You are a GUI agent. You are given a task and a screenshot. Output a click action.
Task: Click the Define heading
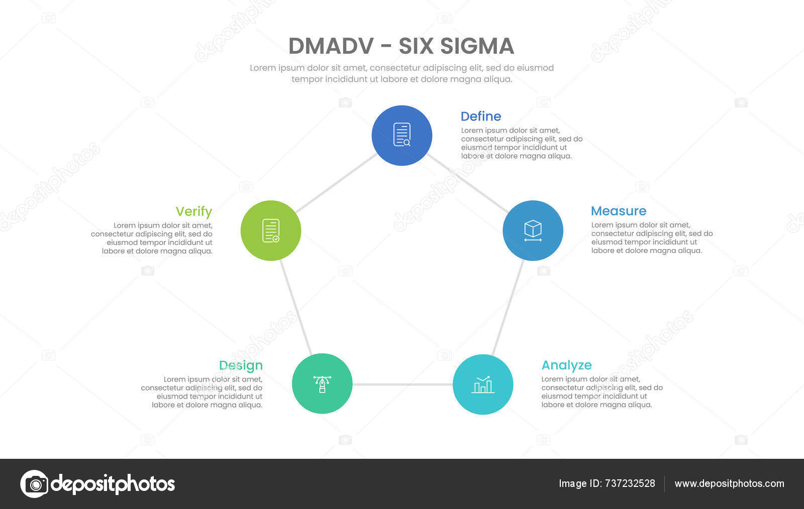click(x=480, y=116)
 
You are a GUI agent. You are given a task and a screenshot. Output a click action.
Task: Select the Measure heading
click(x=618, y=211)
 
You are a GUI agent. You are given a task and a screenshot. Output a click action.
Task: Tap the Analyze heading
click(x=566, y=365)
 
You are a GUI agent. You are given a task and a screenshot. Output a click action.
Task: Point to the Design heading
click(x=241, y=365)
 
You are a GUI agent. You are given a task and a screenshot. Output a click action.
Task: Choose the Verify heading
click(x=193, y=212)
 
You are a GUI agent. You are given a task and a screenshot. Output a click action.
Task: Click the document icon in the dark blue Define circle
click(x=402, y=135)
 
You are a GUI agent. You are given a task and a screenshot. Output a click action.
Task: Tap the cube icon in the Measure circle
click(x=533, y=230)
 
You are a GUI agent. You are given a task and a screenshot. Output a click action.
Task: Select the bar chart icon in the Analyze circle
click(x=483, y=385)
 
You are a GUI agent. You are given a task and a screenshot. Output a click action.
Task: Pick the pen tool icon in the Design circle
click(x=322, y=384)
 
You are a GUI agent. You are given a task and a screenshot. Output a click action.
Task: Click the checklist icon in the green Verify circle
click(x=271, y=230)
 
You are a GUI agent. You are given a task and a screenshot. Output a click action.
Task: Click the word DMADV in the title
click(x=331, y=46)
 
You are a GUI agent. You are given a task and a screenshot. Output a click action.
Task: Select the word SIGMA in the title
click(x=477, y=46)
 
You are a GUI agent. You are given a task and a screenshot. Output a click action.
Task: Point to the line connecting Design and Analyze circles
click(x=402, y=385)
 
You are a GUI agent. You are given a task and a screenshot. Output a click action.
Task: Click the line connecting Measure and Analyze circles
click(x=508, y=307)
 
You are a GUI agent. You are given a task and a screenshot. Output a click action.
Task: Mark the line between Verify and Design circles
click(x=296, y=307)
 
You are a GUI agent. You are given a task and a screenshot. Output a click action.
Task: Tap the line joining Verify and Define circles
click(x=336, y=184)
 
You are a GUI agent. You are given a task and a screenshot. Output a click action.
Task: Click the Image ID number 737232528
click(x=630, y=483)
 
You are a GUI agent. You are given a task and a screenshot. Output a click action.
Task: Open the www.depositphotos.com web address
click(x=729, y=483)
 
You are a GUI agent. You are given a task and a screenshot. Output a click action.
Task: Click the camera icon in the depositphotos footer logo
click(x=35, y=484)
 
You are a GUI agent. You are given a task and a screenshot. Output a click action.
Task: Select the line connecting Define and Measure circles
click(x=467, y=183)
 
